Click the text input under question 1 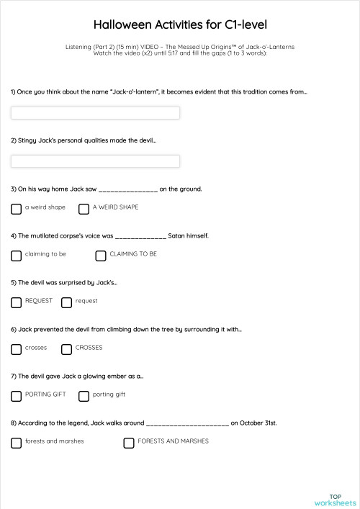coord(95,113)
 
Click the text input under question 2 coord(95,161)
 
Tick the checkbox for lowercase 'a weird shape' coord(16,209)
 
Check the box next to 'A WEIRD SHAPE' coord(84,209)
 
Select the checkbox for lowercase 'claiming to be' coord(16,256)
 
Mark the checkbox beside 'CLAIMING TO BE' coord(101,256)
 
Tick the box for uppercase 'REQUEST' coord(16,302)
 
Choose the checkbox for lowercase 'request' coord(66,302)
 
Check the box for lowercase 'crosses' coord(16,349)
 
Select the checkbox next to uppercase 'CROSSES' coord(66,349)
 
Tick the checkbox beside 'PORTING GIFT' coord(16,396)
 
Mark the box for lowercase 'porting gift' coord(84,396)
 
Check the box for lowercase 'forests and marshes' coord(16,443)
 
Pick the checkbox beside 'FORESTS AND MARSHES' coord(129,443)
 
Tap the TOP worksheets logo coord(335,500)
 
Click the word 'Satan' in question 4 coord(177,235)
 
